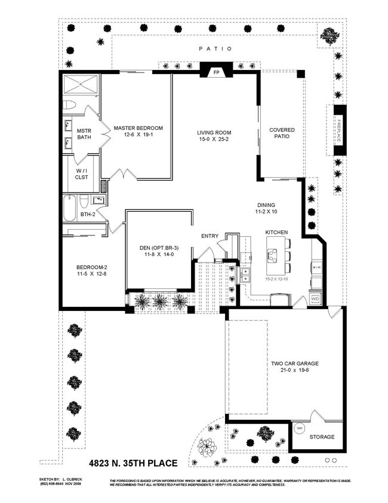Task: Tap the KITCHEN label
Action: [277, 231]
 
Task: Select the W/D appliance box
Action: [315, 299]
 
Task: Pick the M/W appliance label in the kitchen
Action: [318, 267]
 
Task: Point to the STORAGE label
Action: [322, 437]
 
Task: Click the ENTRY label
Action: [209, 234]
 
